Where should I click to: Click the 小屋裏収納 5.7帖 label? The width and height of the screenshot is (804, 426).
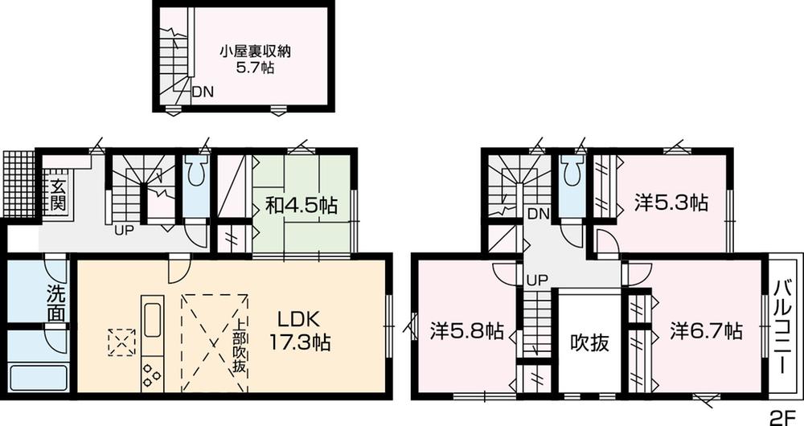coord(255,59)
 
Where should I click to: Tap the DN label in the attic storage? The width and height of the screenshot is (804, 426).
coord(203,92)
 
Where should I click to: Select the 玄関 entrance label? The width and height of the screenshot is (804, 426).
coord(59,194)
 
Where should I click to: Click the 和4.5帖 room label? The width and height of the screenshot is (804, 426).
coord(301,206)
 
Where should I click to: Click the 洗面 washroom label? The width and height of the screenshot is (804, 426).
coord(55,303)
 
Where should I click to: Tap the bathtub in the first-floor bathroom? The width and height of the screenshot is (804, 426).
coord(38,377)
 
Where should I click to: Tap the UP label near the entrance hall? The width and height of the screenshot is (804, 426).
coord(124,231)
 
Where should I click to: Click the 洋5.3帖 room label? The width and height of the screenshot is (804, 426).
coord(671,203)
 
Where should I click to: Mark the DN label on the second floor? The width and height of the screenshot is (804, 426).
coord(539,214)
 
